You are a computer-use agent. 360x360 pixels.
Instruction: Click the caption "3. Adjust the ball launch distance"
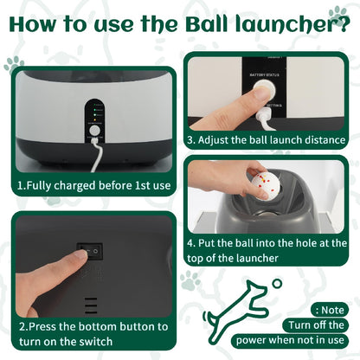[x=267, y=139]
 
